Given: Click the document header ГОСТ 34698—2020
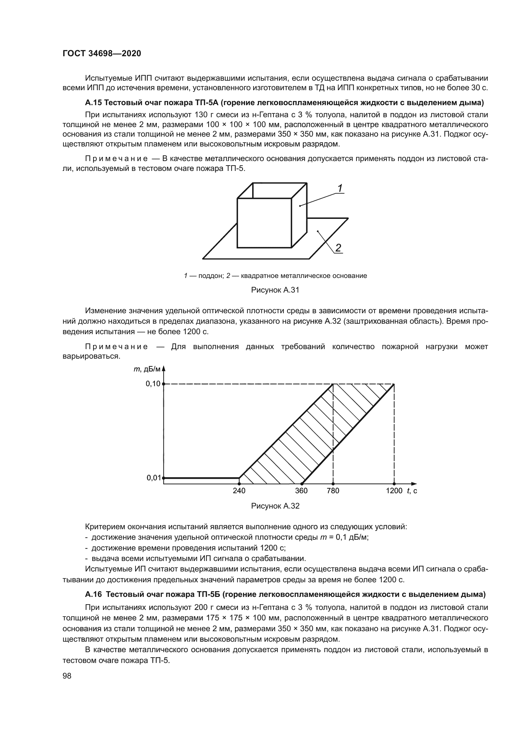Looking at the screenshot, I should pos(102,54).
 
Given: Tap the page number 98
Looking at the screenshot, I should pos(67,676).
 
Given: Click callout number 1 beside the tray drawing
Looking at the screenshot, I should pos(340,188).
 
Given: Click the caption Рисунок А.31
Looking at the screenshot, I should pos(275,290).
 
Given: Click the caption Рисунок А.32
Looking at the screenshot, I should pos(275,506).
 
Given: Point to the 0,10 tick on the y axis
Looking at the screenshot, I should pos(153,384).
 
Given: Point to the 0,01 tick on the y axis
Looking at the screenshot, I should pos(154,478).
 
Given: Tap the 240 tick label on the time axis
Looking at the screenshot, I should pos(239,491).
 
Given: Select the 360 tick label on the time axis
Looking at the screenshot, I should pos(301,491).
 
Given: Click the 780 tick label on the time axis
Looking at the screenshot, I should pos(333,491).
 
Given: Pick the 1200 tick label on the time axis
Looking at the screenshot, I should pos(394,491).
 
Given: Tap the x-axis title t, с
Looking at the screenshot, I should pos(412,491).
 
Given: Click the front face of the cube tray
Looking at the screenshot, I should pos(264,223).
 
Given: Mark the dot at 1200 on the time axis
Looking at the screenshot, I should pos(394,484).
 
